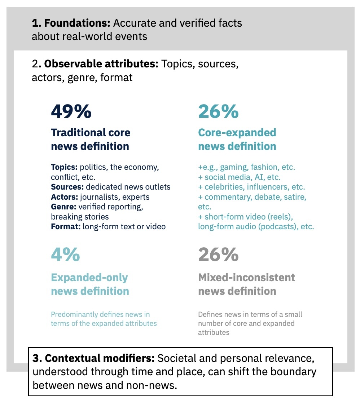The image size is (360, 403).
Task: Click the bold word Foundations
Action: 77,23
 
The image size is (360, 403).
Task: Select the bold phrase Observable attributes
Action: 101,64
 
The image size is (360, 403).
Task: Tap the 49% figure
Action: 71,111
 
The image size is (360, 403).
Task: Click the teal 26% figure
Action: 218,111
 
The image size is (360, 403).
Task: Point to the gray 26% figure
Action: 218,254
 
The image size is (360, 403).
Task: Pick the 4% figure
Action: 65,254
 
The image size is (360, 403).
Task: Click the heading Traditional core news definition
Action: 91,139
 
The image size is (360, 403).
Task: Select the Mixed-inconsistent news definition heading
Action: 246,284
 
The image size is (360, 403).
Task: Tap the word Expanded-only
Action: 89,278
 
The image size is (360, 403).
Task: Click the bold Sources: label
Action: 67,187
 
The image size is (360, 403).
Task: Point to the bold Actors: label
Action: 65,197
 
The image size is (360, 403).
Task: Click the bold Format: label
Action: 66,226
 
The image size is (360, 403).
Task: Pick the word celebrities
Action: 224,187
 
